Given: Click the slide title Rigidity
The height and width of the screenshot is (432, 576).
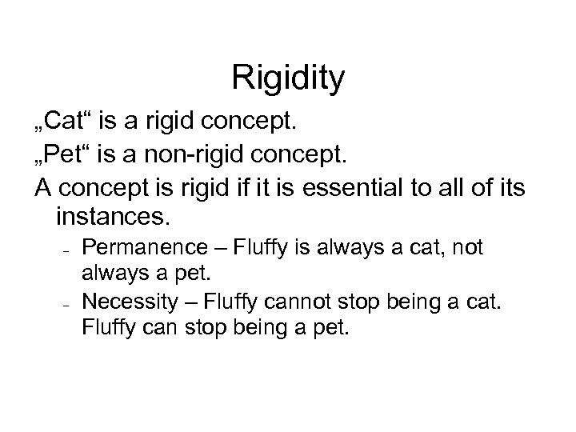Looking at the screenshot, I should pos(288,78).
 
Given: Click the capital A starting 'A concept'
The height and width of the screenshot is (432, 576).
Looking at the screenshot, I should pos(44,187).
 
